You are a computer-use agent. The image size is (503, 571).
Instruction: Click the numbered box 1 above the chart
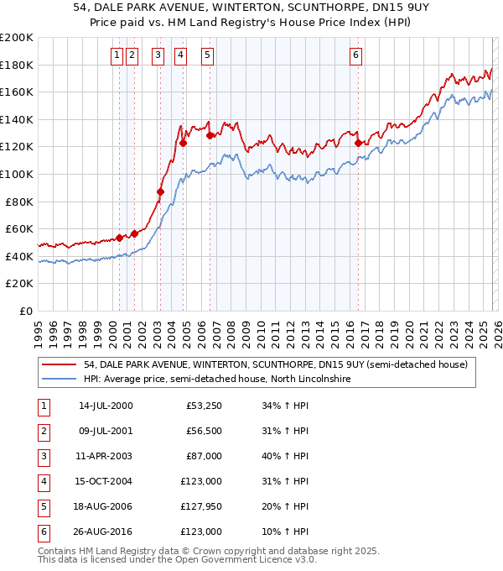(116, 55)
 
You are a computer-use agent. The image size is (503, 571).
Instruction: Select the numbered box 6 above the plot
(356, 55)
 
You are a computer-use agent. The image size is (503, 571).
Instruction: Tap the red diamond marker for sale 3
(160, 191)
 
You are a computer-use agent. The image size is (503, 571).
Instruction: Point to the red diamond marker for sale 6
(358, 143)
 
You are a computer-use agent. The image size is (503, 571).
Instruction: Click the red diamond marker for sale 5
(210, 135)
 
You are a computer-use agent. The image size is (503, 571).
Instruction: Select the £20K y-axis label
(19, 284)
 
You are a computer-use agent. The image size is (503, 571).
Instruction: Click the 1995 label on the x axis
(39, 327)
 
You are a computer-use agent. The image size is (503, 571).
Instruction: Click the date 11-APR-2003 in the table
(105, 455)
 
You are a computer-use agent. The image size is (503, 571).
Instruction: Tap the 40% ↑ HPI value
(284, 455)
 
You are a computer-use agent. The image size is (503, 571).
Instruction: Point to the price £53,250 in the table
(202, 406)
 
